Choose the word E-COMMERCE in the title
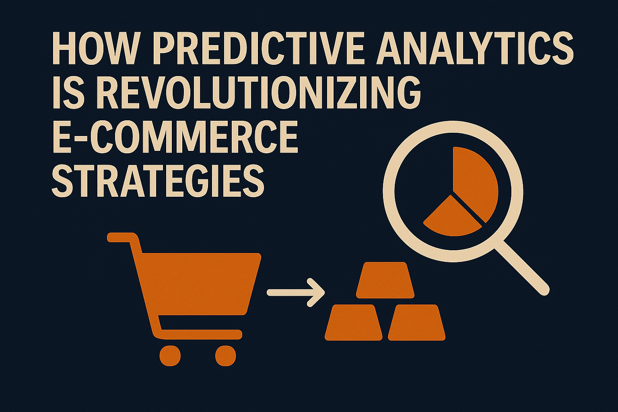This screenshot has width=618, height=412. (x=175, y=138)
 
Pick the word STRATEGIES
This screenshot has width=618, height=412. (x=158, y=182)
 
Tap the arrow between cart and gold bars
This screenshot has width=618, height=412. (x=296, y=292)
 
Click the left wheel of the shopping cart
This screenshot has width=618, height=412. (x=170, y=356)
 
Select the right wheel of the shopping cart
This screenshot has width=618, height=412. (x=226, y=356)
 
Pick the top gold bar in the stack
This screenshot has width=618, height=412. (x=385, y=280)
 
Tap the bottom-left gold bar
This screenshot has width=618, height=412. (x=354, y=322)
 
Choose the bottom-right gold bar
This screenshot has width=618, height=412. (x=416, y=322)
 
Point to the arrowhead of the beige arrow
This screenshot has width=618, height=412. (x=317, y=292)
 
